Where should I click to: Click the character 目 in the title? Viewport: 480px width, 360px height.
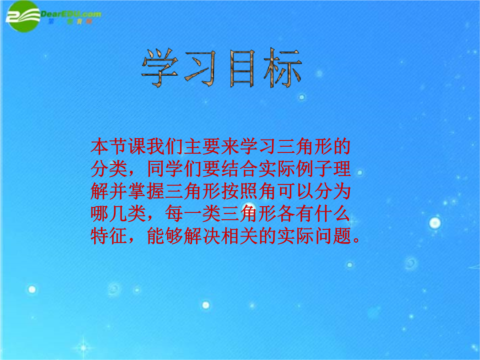pos(242,68)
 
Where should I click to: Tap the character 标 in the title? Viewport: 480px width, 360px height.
pos(283,68)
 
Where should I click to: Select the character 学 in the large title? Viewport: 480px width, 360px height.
pos(160,68)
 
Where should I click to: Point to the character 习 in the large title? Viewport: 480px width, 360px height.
pos(201,68)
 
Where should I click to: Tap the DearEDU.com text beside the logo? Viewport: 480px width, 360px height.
pos(71,14)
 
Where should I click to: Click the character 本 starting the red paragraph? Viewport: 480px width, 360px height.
pos(100,147)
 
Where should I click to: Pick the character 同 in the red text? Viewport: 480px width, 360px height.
pos(156,169)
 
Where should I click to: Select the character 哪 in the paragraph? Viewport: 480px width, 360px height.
pos(100,214)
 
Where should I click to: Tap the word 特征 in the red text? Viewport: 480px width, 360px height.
pos(109,236)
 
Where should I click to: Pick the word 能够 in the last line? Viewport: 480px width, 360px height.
pos(165,236)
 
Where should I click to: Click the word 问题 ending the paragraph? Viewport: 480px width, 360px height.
pos(333,236)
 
